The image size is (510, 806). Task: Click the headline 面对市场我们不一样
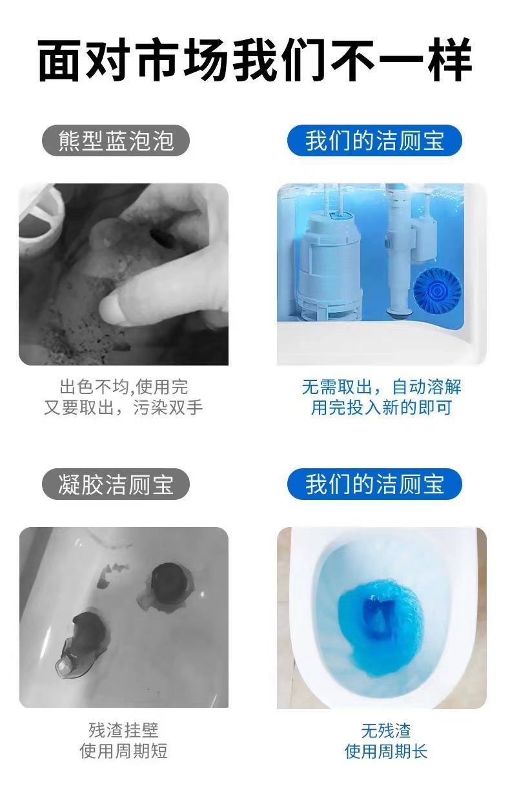coord(254,60)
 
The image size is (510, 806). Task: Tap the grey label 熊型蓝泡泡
coord(116,140)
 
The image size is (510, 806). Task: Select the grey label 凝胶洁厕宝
coord(116,484)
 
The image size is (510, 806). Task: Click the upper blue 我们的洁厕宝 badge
coord(374,140)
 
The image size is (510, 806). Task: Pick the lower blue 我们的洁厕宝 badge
coord(374,484)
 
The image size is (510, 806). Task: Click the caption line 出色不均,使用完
coord(124,387)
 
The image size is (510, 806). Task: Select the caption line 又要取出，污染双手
coord(124,408)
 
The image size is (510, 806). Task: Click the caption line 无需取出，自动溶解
coord(382,387)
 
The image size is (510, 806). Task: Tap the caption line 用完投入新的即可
coord(382,408)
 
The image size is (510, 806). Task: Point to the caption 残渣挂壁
coord(123,730)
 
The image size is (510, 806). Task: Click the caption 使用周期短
coord(123,751)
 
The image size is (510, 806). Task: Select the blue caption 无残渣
coord(385,730)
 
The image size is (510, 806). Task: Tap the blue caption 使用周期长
coord(385,751)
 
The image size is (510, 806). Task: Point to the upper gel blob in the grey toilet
coord(167,588)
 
